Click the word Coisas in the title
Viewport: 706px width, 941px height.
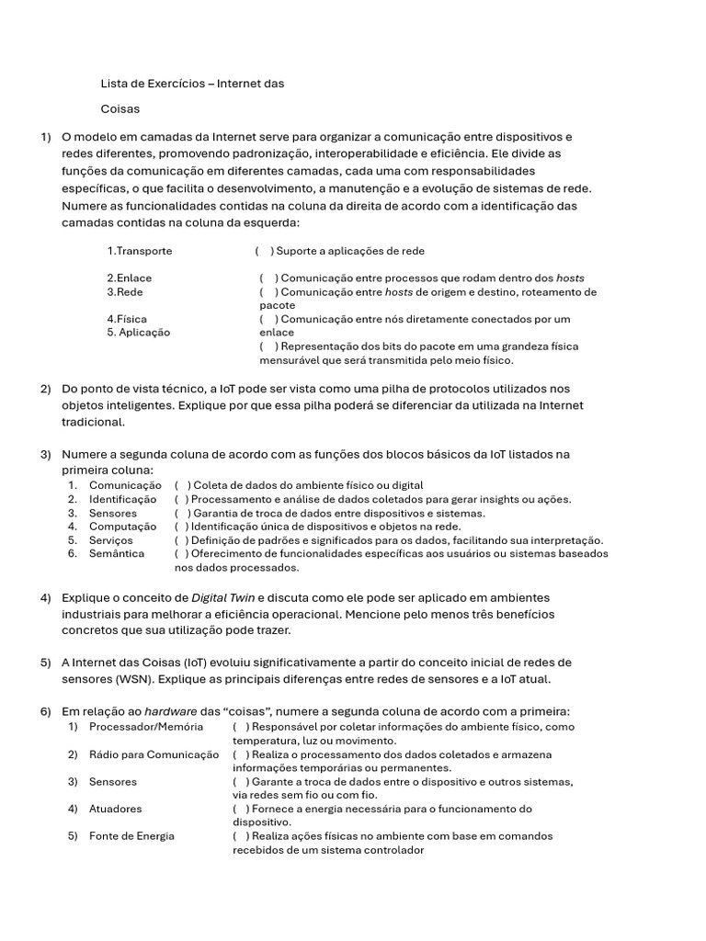(120, 108)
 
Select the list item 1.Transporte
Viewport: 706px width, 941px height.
(139, 251)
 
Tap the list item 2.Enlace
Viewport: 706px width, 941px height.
(129, 278)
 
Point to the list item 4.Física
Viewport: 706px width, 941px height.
(126, 319)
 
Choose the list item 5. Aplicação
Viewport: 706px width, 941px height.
(138, 333)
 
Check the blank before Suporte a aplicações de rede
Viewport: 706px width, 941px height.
(264, 251)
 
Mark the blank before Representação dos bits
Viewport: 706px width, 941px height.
(268, 346)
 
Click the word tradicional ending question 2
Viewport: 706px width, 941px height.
(92, 422)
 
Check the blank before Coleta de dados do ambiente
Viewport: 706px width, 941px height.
(183, 485)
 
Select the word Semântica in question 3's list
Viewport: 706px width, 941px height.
(117, 554)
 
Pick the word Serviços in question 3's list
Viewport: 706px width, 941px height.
(110, 540)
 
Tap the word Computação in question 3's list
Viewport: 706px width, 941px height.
(122, 527)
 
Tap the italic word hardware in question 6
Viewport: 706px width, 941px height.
(170, 711)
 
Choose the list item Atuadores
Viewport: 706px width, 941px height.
(116, 810)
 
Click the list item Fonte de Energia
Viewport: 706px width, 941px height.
(131, 836)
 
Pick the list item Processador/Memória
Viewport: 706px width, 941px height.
(139, 727)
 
